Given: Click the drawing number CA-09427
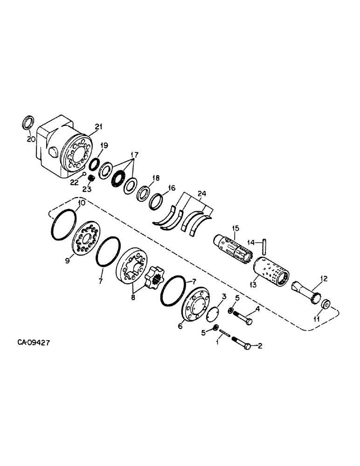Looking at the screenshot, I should tap(34, 342).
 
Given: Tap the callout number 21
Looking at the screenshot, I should tap(98, 126).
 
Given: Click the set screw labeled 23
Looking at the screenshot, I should tap(91, 178).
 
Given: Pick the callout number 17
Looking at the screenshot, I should tap(134, 154).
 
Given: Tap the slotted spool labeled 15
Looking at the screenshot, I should tap(233, 245).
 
